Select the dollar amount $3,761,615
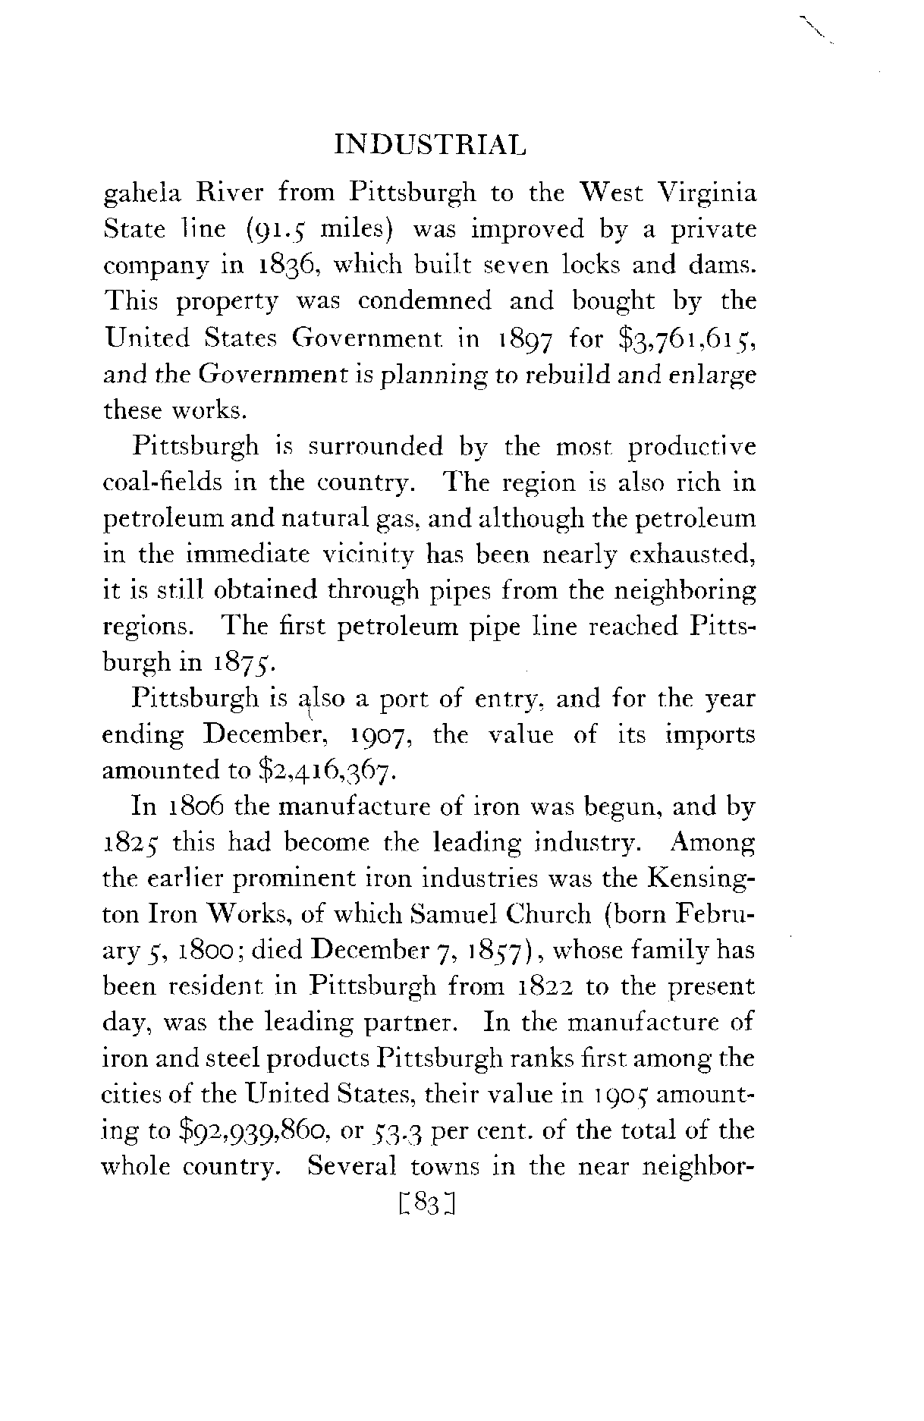[x=687, y=338]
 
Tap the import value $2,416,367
[x=325, y=771]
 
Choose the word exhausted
[x=699, y=555]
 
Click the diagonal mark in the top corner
[x=816, y=28]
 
